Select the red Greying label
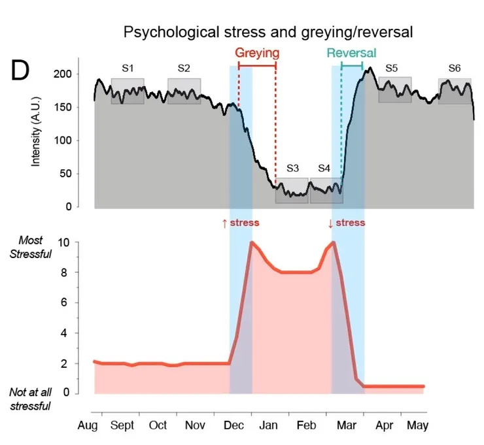[x=257, y=53]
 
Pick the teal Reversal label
[x=351, y=53]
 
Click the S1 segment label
[x=128, y=68]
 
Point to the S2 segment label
[x=184, y=68]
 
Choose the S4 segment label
[x=324, y=168]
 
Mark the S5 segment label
[x=392, y=68]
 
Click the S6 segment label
[x=455, y=68]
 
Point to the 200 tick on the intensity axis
[x=62, y=74]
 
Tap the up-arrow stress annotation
[x=241, y=223]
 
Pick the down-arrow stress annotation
[x=346, y=223]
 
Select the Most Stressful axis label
[x=30, y=247]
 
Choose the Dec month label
[x=233, y=426]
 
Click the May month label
[x=417, y=426]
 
